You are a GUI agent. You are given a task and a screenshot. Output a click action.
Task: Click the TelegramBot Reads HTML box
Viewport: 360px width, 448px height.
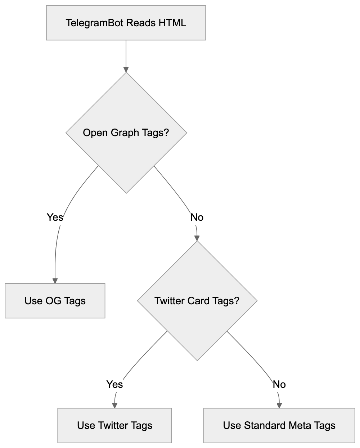[126, 23]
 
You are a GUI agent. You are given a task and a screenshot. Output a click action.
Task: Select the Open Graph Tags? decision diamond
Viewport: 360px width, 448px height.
[126, 133]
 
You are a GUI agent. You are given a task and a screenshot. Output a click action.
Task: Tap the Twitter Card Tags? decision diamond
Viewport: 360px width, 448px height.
[197, 301]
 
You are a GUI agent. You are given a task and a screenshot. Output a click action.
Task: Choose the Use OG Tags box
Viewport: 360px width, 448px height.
[55, 301]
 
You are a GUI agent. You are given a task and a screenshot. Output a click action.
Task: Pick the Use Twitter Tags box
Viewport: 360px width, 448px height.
[114, 425]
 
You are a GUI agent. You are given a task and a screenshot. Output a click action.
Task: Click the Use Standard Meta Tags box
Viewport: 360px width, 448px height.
[279, 425]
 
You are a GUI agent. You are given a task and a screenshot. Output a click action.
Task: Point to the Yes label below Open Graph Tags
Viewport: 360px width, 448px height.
[55, 217]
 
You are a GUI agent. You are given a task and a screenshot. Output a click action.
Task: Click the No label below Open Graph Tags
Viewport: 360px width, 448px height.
[197, 217]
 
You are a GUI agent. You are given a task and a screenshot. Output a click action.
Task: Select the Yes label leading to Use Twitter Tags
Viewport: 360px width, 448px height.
[114, 384]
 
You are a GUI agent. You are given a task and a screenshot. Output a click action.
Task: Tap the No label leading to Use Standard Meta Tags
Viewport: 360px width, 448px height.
[279, 384]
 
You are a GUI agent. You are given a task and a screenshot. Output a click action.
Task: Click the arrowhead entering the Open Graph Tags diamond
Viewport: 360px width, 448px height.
[126, 69]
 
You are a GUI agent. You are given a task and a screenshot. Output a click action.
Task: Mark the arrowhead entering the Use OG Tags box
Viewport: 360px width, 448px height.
[55, 280]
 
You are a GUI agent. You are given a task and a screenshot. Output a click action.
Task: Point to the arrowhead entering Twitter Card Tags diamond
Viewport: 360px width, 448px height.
[197, 238]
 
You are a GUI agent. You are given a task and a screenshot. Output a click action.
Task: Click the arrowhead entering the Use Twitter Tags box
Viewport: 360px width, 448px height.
[114, 405]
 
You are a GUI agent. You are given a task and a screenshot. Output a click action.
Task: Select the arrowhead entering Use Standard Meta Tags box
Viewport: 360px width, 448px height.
[279, 405]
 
